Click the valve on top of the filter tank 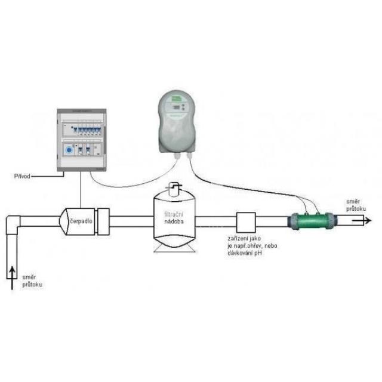pyautogui.click(x=174, y=189)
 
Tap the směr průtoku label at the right pyautogui.click(x=356, y=205)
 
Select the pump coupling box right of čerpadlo pyautogui.click(x=102, y=220)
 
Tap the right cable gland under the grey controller pyautogui.click(x=190, y=156)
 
